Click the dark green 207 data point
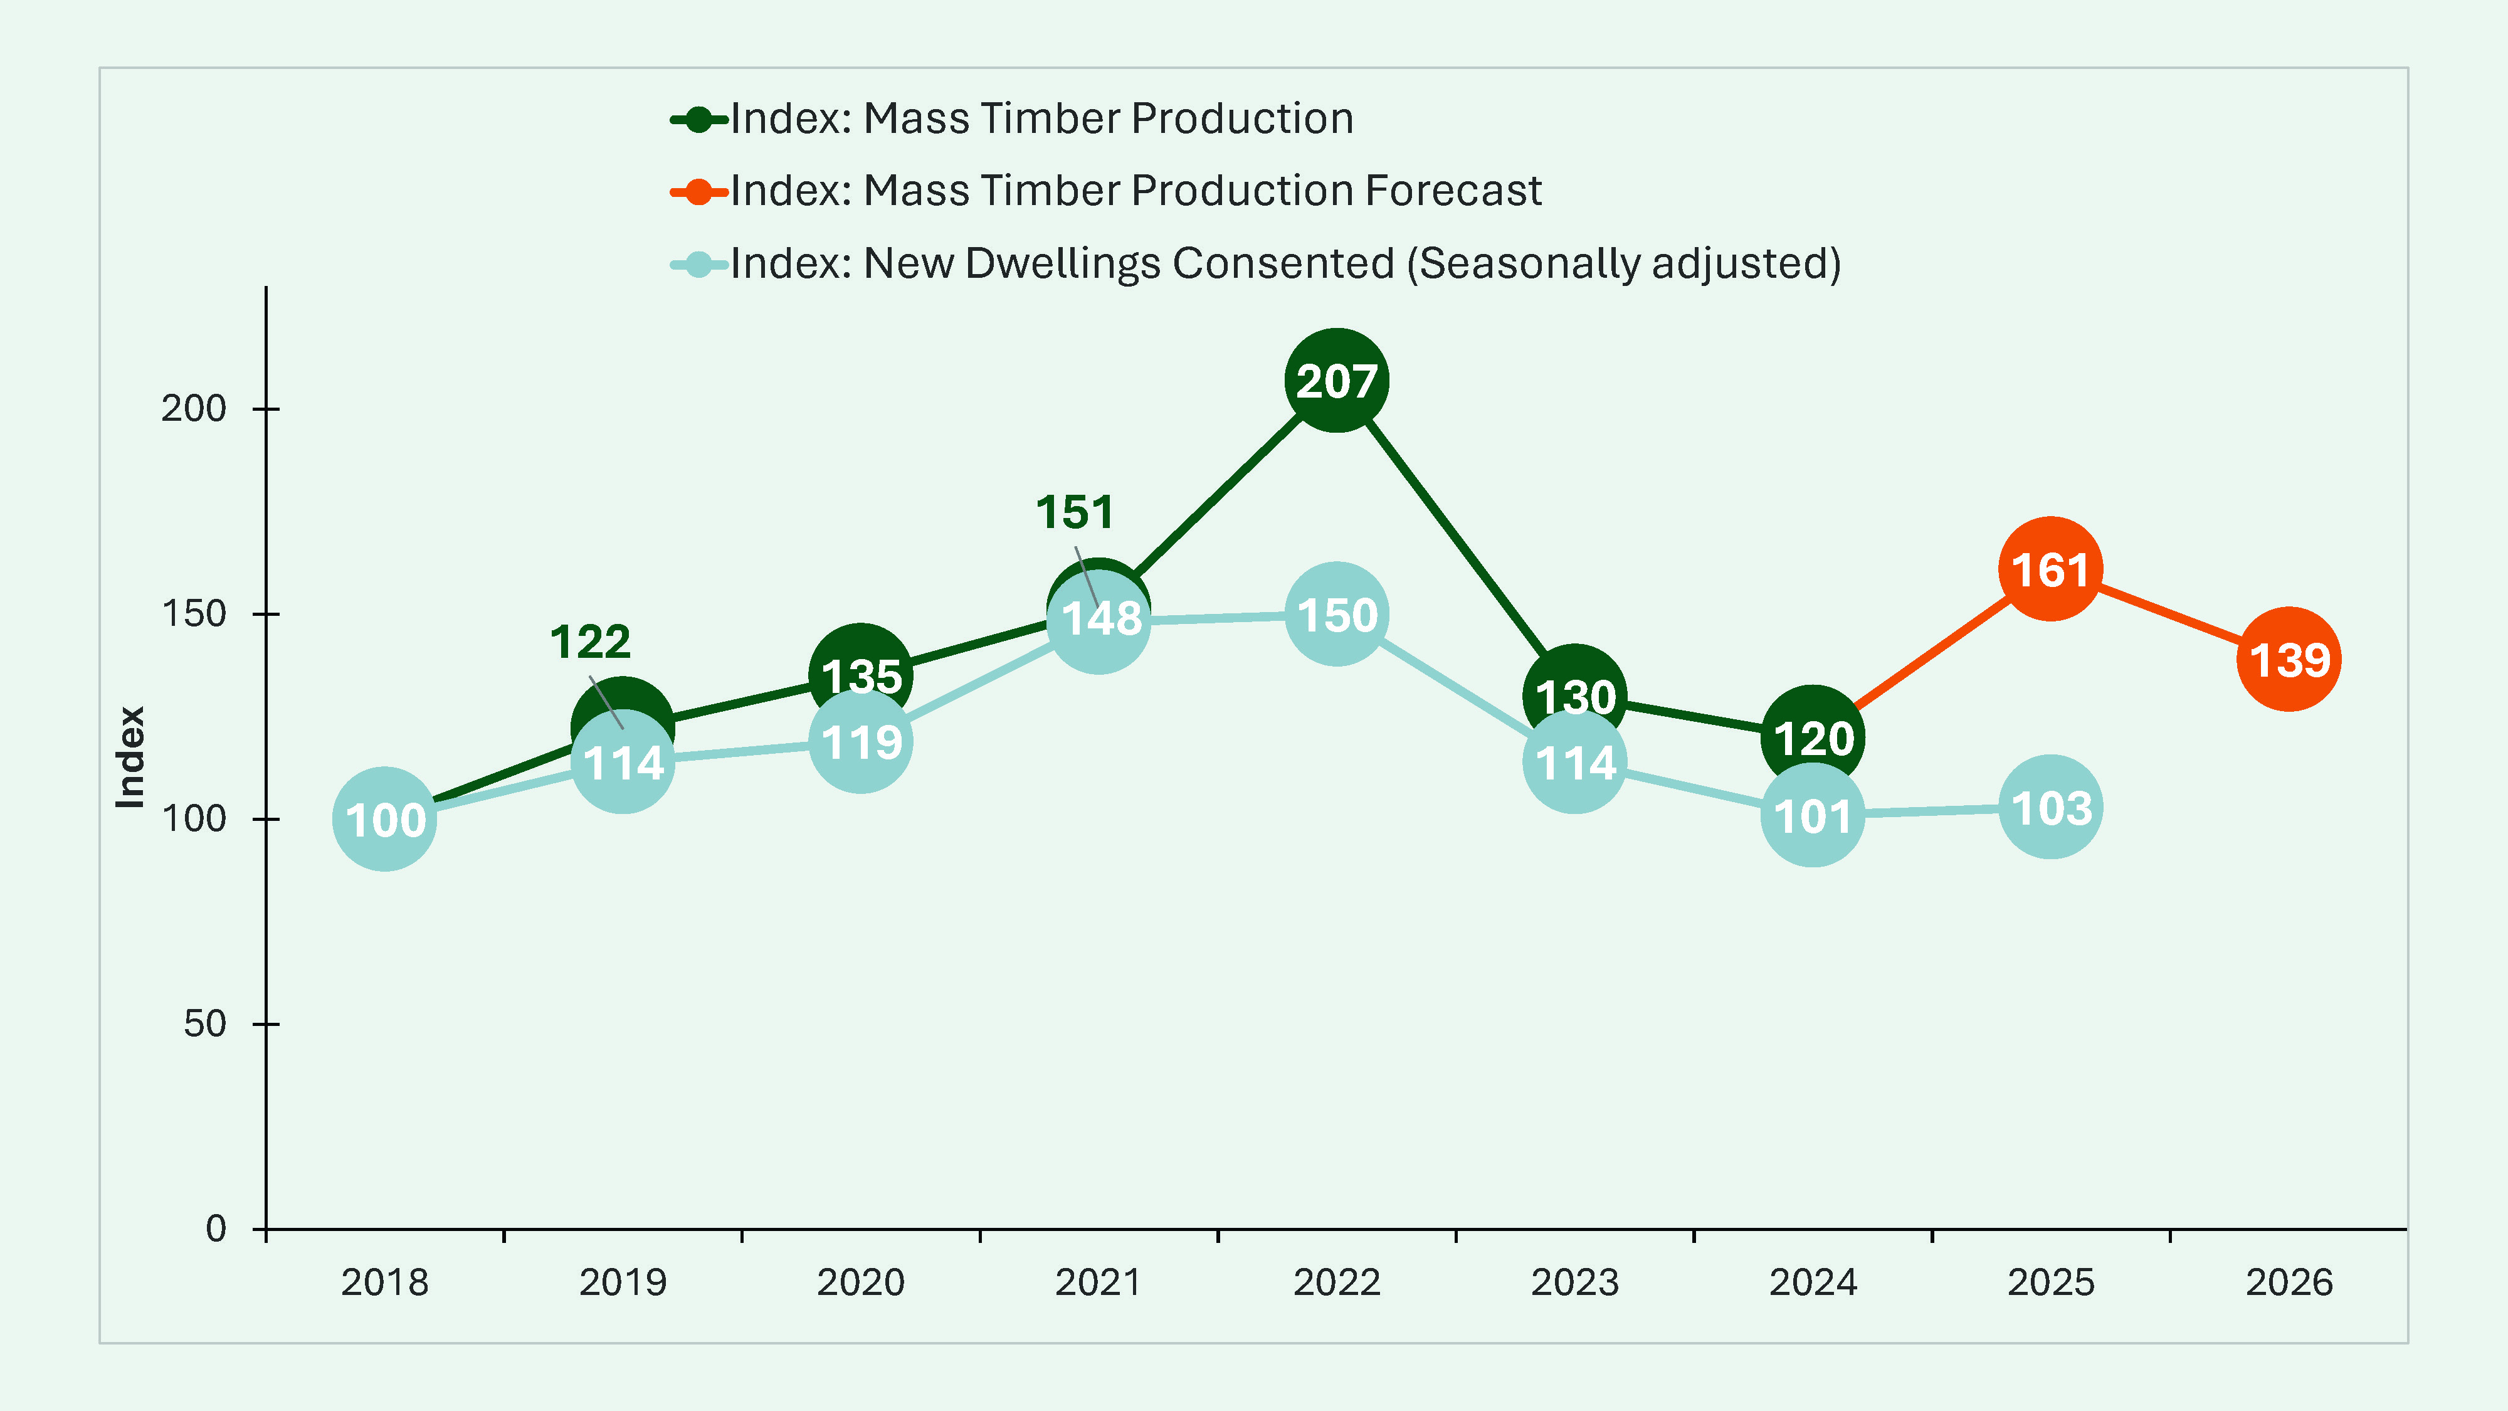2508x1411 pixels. (x=1337, y=381)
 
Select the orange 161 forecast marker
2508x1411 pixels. (x=2050, y=569)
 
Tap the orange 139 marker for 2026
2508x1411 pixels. (x=2289, y=659)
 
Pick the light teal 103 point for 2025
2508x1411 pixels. (x=2050, y=807)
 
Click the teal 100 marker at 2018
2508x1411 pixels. (x=384, y=819)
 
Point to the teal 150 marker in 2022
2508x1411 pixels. (x=1337, y=615)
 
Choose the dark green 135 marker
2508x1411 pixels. (x=861, y=664)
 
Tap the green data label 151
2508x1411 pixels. (x=1074, y=512)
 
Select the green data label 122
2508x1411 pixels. (x=590, y=642)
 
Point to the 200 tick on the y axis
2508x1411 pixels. (x=194, y=408)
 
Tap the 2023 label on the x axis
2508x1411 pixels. (x=1574, y=1282)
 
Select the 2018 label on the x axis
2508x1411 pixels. (x=384, y=1282)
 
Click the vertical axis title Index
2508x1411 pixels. (x=130, y=757)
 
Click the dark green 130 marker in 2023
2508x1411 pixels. (x=1574, y=685)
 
